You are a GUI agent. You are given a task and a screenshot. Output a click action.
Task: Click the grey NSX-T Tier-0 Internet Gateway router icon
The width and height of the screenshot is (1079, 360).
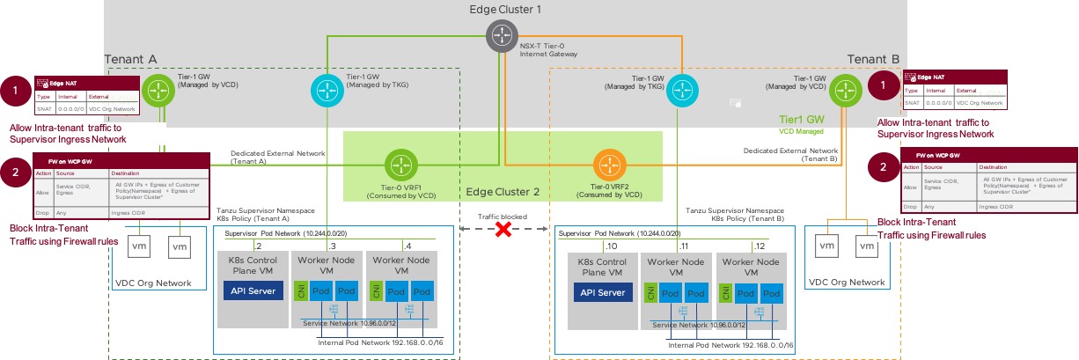pyautogui.click(x=502, y=36)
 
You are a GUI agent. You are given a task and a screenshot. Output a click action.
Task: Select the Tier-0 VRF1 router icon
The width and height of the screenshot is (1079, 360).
pyautogui.click(x=401, y=165)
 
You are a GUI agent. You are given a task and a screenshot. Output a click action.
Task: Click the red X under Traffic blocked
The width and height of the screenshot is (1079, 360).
pyautogui.click(x=503, y=230)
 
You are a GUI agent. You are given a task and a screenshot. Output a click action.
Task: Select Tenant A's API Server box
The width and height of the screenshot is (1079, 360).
pyautogui.click(x=252, y=292)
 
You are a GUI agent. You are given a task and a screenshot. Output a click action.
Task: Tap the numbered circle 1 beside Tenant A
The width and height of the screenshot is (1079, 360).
pyautogui.click(x=16, y=91)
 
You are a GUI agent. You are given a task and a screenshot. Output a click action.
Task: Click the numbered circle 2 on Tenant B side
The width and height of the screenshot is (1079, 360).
pyautogui.click(x=882, y=165)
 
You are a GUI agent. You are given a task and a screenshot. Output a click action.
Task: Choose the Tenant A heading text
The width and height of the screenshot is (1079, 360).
pyautogui.click(x=130, y=59)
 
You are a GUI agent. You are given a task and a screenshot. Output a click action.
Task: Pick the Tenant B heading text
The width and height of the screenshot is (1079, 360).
pyautogui.click(x=873, y=59)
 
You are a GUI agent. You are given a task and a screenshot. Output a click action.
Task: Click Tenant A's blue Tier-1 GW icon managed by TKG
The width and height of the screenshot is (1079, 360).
pyautogui.click(x=326, y=90)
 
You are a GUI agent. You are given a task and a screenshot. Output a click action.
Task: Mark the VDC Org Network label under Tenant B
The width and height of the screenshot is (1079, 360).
pyautogui.click(x=846, y=282)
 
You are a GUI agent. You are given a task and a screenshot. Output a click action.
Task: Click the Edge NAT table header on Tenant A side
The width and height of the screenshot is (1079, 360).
pyautogui.click(x=60, y=81)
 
